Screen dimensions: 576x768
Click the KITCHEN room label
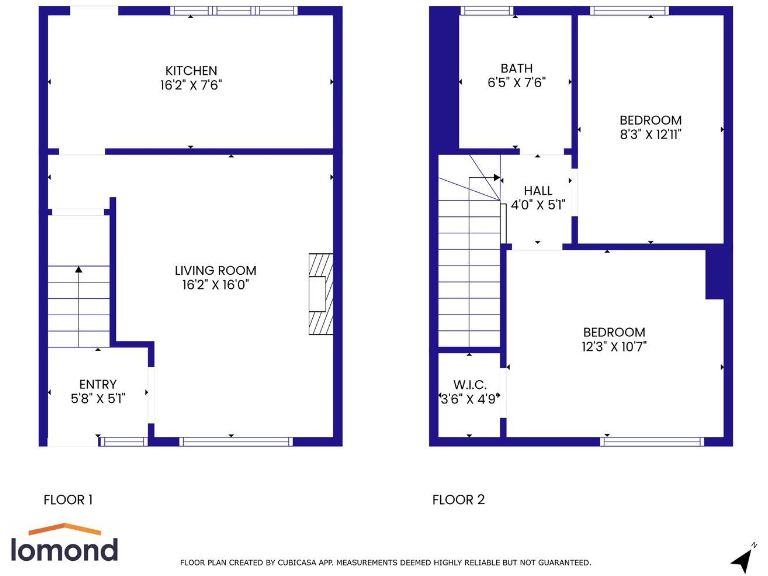pos(191,71)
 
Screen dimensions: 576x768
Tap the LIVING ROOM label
pos(215,270)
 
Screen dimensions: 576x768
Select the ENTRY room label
pos(98,384)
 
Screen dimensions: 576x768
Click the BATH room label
pos(517,69)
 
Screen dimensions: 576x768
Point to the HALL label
pos(538,191)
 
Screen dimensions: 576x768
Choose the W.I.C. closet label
pos(469,384)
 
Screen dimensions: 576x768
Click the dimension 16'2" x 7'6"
pos(191,85)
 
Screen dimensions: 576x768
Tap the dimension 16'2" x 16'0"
pos(215,285)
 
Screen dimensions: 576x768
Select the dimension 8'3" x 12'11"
pos(650,134)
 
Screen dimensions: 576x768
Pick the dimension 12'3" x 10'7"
pos(614,347)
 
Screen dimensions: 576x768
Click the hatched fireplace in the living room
pos(319,294)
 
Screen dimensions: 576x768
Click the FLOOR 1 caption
pos(69,500)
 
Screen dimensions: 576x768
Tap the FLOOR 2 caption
pos(458,500)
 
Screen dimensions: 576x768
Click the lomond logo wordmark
pos(65,549)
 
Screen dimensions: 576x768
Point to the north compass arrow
pos(743,558)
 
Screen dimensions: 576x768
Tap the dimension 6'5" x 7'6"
pos(517,83)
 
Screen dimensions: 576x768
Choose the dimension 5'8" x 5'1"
pos(98,398)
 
